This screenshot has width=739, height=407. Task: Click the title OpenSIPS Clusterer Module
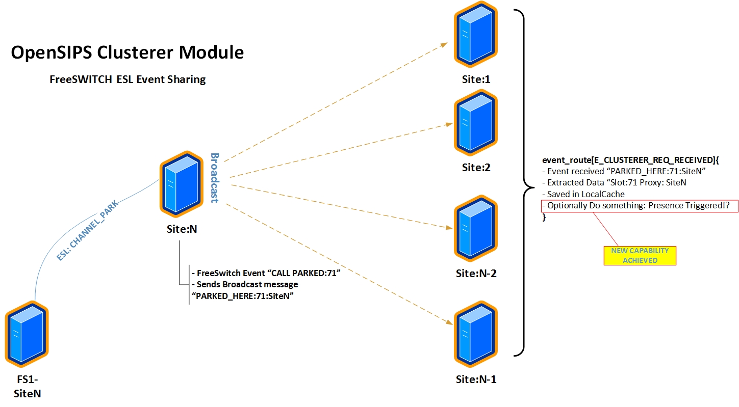127,52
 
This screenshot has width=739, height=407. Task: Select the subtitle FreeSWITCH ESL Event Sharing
127,79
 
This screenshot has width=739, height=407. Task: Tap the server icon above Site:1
475,35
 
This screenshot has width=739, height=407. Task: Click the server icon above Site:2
475,123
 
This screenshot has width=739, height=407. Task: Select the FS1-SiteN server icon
27,334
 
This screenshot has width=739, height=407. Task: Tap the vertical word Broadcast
215,178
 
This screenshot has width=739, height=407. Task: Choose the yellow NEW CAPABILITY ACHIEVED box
640,255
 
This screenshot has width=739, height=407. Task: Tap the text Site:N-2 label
476,274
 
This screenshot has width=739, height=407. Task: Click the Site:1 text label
476,79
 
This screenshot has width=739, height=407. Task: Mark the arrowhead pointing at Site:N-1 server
450,322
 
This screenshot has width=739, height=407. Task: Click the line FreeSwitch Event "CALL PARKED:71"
265,273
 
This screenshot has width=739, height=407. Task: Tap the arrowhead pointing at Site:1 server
444,44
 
